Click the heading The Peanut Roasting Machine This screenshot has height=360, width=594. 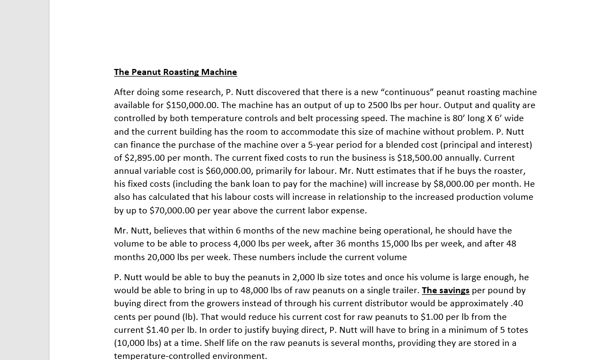coord(175,72)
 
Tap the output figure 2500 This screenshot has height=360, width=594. coord(378,105)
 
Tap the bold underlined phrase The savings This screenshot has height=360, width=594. coord(445,290)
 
